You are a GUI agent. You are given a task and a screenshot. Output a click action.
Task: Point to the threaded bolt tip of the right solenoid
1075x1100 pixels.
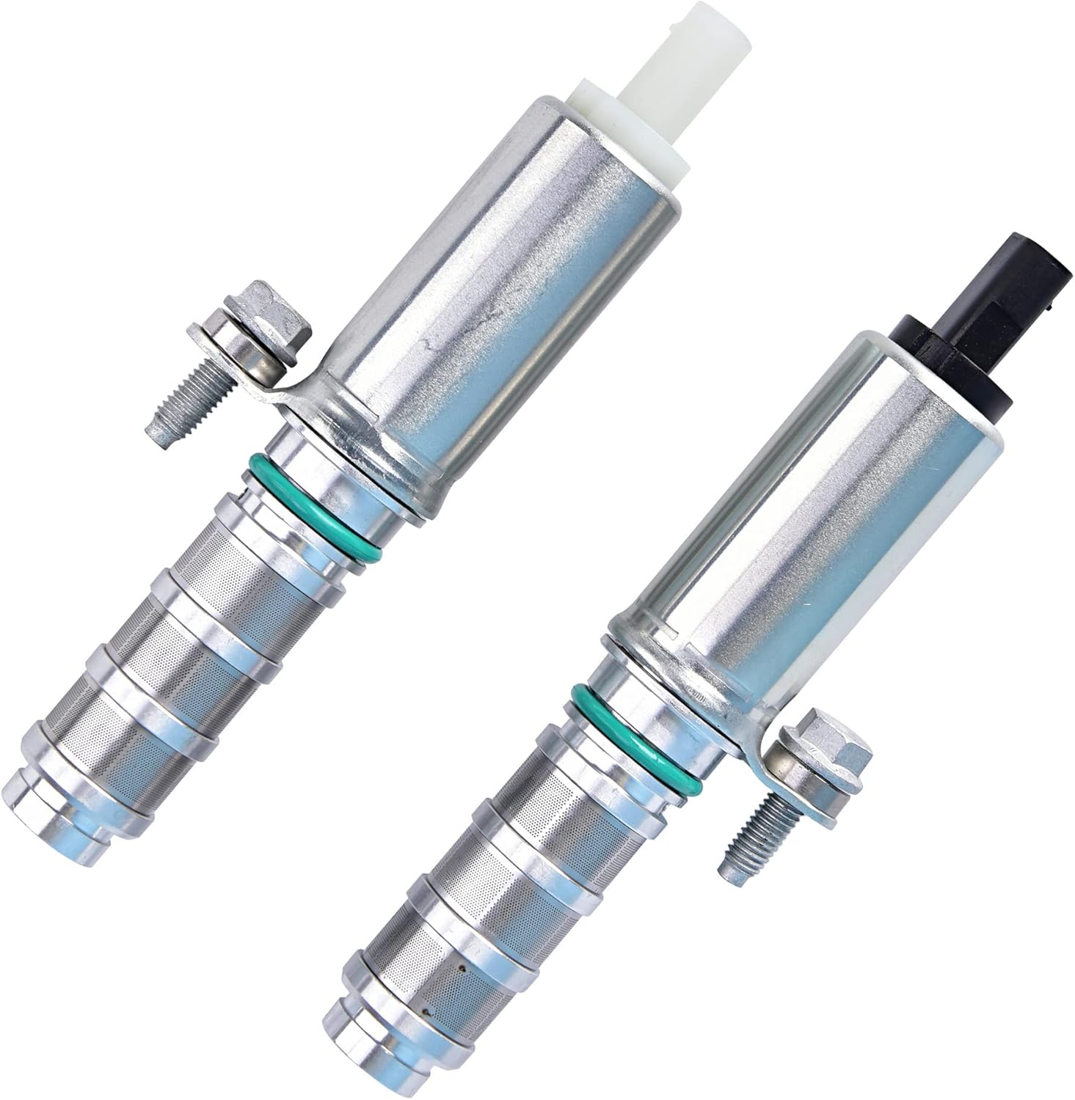point(741,843)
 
